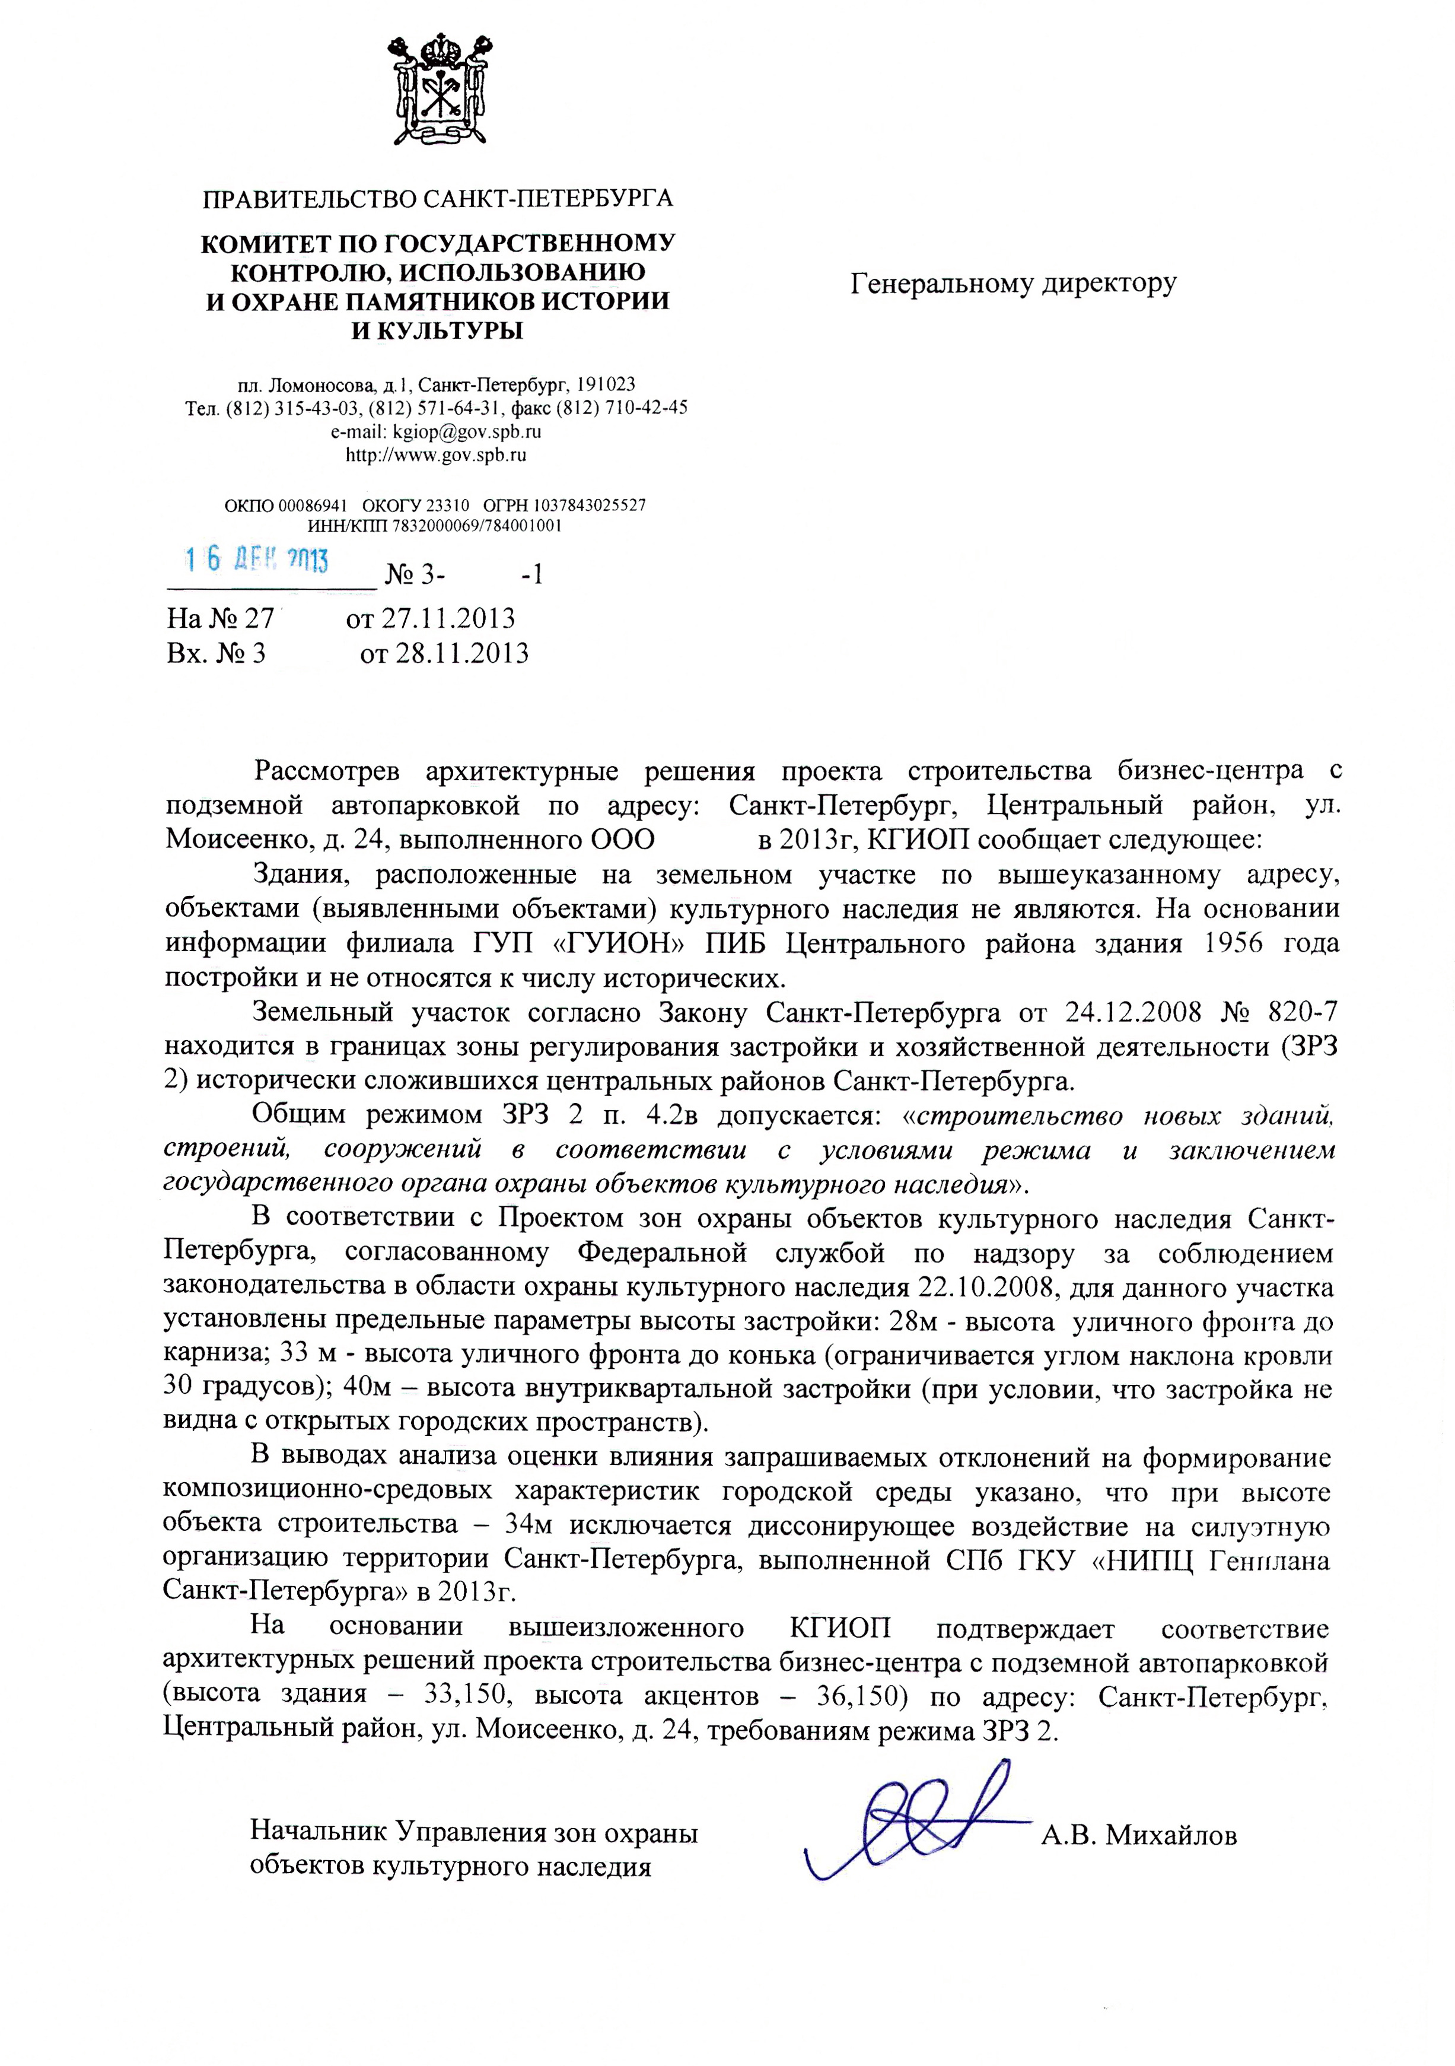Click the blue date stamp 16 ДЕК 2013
[x=256, y=560]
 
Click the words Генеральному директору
[x=1013, y=284]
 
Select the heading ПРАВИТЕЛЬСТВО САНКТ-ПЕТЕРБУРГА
[x=437, y=198]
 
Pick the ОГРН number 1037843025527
[x=590, y=505]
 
